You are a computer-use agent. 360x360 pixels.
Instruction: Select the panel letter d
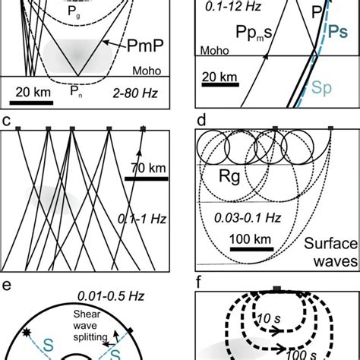[201, 119]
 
